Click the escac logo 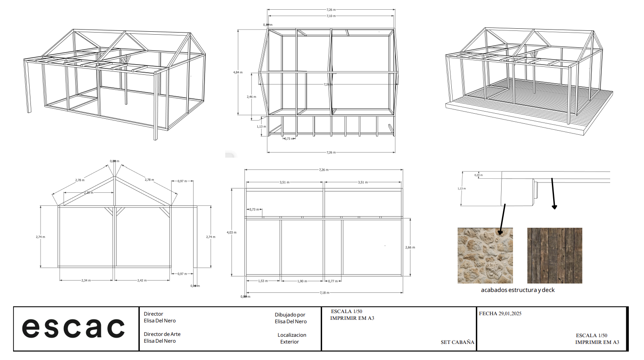point(73,328)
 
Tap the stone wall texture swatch point(485,256)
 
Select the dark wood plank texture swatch point(554,256)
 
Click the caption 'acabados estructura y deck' point(518,290)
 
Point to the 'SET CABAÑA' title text point(457,342)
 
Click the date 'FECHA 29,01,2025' point(500,314)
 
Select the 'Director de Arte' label point(162,334)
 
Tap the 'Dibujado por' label point(290,315)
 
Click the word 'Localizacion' point(292,335)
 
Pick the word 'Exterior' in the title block point(289,342)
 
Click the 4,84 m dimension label point(238,72)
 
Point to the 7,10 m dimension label point(331,16)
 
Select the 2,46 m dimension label point(251,97)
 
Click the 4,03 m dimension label point(232,232)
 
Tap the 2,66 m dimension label point(410,247)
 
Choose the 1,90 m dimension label point(302,281)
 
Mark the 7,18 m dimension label point(324,292)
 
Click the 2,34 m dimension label point(86,280)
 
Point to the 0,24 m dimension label point(478,175)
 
